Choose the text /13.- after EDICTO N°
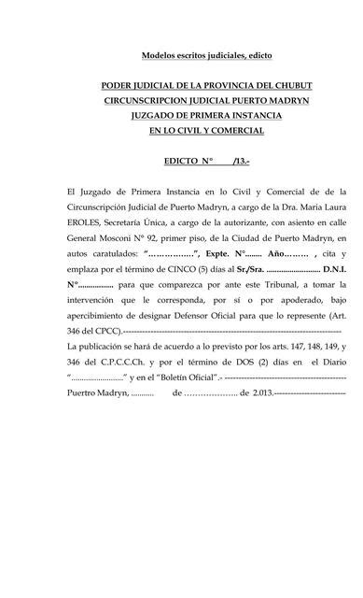240,160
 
